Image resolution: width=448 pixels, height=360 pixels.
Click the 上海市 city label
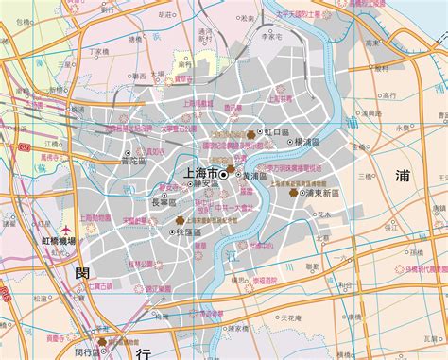pos(198,175)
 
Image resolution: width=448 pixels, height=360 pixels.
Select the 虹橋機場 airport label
pos(65,242)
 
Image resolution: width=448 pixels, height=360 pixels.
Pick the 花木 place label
pos(324,214)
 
